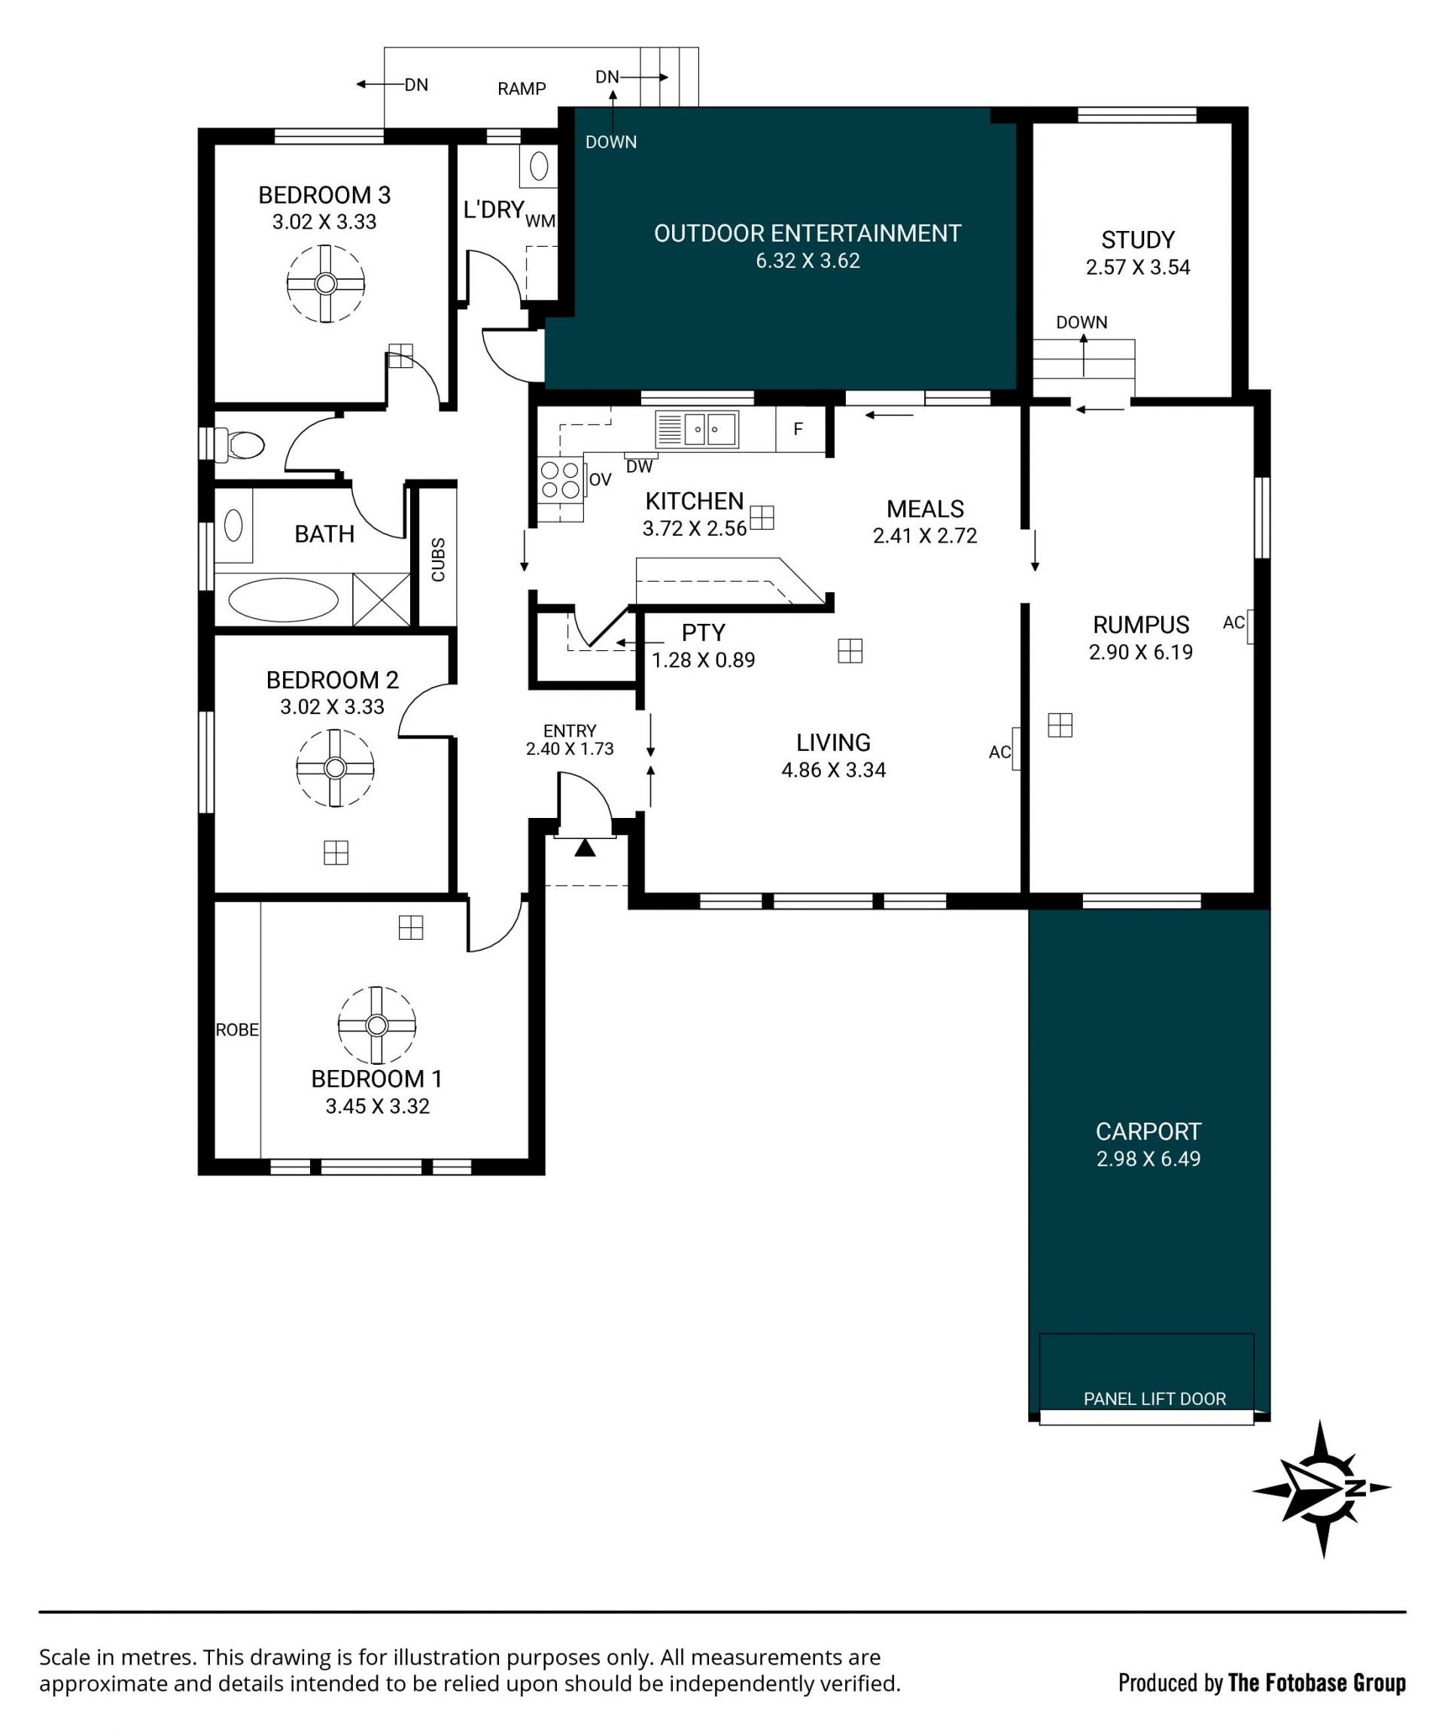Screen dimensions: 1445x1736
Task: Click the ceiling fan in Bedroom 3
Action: coord(326,284)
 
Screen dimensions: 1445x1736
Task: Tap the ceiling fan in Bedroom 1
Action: coord(377,1025)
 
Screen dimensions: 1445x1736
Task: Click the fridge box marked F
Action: coord(799,429)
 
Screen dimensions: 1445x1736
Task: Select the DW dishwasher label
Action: coord(639,467)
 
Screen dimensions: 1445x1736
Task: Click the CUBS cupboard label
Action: coord(438,560)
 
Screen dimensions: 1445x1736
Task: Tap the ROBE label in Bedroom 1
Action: coord(237,1029)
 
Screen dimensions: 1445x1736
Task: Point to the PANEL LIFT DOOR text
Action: coord(1154,1399)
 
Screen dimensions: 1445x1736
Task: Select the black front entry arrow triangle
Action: coord(585,847)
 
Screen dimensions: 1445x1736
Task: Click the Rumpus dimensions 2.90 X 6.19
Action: coord(1141,652)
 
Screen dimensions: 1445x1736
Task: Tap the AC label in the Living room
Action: coord(999,752)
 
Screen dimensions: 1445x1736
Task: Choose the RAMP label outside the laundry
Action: coord(522,89)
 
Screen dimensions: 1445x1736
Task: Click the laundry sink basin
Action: coord(538,166)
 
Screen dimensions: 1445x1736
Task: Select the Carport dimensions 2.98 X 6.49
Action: coord(1148,1159)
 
